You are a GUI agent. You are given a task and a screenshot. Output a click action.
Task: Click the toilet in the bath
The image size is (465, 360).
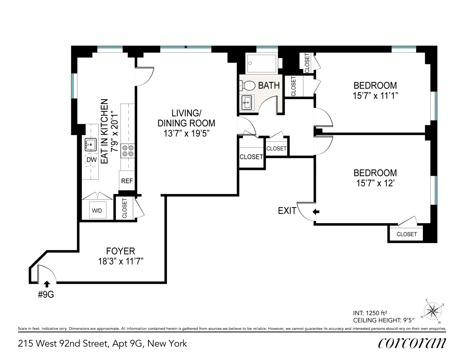tap(247, 86)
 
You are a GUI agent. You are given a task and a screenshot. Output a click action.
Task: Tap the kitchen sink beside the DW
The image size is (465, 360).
tap(91, 145)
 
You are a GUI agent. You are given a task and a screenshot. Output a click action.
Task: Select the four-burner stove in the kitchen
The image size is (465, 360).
tap(128, 151)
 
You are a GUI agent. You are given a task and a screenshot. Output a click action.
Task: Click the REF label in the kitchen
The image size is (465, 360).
tap(127, 181)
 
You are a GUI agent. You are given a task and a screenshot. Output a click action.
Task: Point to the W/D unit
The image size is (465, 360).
tap(98, 210)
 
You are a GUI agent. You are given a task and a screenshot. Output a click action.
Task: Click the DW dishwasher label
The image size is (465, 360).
tap(91, 160)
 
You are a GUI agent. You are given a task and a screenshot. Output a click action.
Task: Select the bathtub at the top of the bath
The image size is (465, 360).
tap(262, 63)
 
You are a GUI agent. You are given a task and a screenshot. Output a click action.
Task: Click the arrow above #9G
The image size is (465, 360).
tap(47, 284)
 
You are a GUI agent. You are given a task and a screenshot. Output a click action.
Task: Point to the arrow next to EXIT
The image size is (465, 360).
tap(316, 212)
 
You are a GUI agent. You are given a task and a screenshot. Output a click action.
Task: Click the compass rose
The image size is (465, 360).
tap(433, 311)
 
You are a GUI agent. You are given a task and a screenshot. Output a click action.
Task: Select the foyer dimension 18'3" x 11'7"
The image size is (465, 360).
tap(121, 261)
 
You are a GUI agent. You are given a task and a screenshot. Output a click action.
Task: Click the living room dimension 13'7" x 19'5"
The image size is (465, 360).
tap(186, 134)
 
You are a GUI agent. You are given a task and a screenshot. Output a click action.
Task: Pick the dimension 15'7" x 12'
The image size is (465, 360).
tap(375, 183)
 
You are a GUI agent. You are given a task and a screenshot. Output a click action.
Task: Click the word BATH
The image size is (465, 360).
tap(269, 85)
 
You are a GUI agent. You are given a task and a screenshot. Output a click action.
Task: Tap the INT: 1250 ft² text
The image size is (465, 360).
tap(370, 313)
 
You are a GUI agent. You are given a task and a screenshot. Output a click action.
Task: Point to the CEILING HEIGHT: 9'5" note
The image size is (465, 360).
tap(384, 320)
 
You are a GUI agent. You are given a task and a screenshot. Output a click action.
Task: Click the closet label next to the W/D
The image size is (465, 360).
tap(125, 208)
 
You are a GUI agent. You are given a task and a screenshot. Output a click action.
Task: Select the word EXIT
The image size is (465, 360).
tap(287, 211)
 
